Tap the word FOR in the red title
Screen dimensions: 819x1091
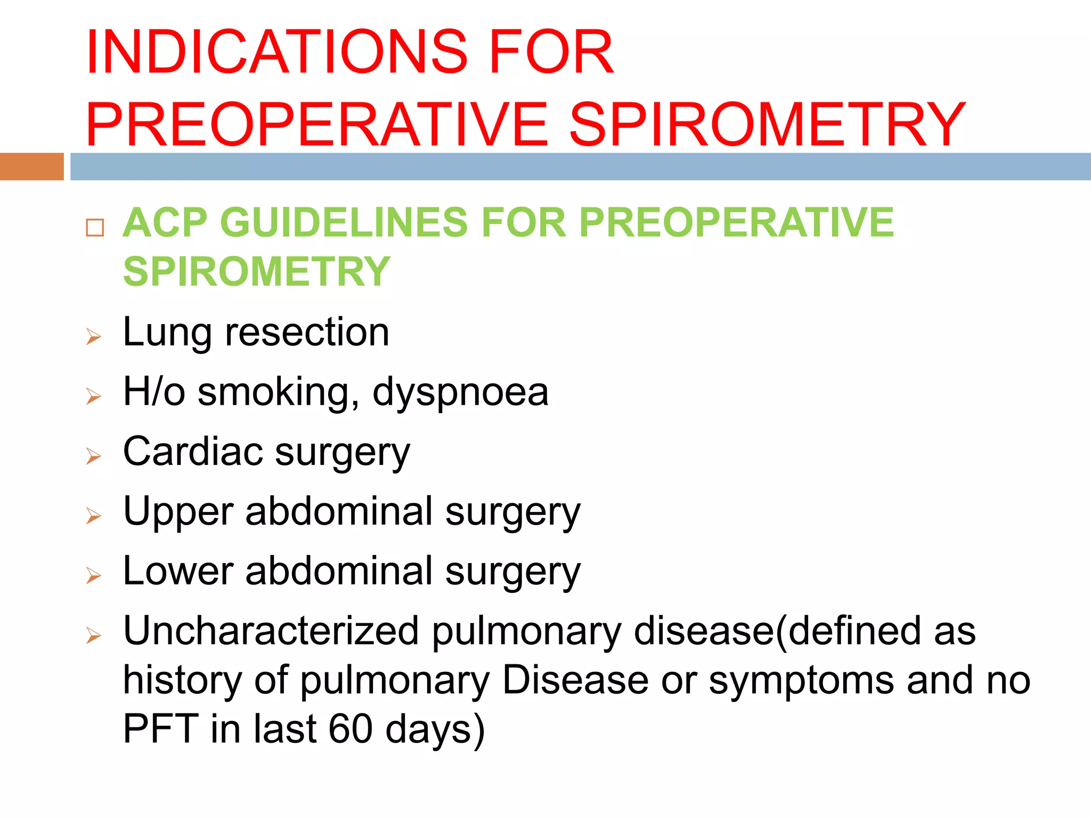click(551, 52)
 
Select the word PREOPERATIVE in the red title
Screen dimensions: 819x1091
click(316, 125)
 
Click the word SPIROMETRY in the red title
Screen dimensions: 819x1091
click(767, 125)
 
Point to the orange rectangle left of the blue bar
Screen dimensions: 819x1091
click(32, 166)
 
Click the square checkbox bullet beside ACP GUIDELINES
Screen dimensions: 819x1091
click(95, 228)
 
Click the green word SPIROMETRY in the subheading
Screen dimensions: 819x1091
click(257, 271)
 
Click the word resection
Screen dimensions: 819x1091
click(307, 332)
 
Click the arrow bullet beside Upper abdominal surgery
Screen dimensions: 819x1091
click(94, 516)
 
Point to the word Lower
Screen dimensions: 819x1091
click(178, 571)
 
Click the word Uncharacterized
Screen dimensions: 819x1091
click(271, 631)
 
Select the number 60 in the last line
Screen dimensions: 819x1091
click(350, 729)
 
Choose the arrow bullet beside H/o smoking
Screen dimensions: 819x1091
click(94, 396)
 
